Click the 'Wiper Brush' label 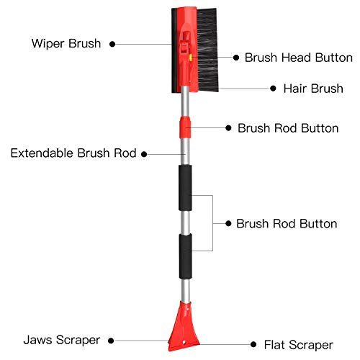click(66, 44)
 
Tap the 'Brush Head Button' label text click(299, 58)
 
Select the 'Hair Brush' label click(313, 89)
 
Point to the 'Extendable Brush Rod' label click(73, 153)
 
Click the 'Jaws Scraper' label click(62, 340)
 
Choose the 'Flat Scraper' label click(299, 345)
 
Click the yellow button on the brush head click(191, 58)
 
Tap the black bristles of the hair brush click(207, 50)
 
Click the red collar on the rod click(185, 127)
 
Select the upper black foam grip click(185, 188)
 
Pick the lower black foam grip click(185, 256)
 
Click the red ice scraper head click(184, 327)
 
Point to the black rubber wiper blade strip click(174, 50)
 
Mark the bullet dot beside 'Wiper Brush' click(112, 44)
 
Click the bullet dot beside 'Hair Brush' click(273, 89)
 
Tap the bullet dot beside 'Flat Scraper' click(253, 345)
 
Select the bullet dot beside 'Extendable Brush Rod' click(144, 154)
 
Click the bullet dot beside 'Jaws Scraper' click(111, 341)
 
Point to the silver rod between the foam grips click(185, 222)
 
